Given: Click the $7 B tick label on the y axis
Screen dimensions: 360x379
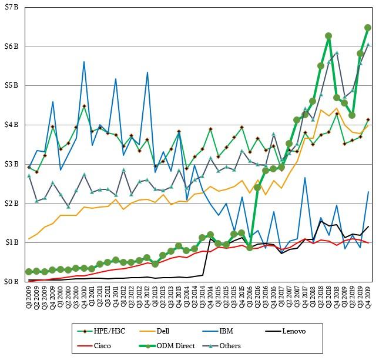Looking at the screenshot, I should click(12, 7).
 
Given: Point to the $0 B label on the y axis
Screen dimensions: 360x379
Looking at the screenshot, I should click(12, 282).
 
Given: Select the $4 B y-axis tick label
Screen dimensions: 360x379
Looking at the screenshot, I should click(12, 125).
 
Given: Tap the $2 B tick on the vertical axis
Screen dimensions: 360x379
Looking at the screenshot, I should click(12, 204).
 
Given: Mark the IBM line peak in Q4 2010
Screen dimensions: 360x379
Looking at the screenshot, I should click(84, 61).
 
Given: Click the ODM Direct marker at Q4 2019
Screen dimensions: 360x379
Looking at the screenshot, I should click(368, 27).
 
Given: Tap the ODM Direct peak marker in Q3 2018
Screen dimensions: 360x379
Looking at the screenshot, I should click(328, 36).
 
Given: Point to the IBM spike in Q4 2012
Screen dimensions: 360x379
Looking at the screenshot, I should click(147, 72).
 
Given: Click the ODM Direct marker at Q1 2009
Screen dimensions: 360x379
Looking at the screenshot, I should click(29, 272).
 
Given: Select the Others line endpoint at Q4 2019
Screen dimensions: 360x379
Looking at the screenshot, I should click(368, 44).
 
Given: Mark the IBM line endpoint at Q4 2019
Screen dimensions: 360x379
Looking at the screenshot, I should click(368, 192).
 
